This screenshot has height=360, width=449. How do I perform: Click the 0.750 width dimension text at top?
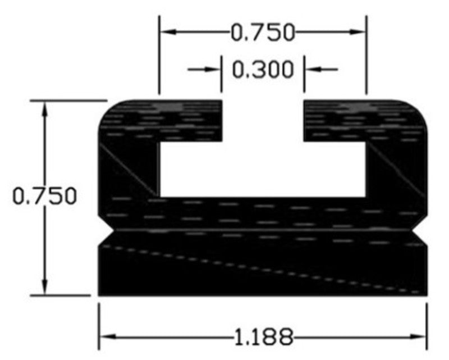pyautogui.click(x=263, y=33)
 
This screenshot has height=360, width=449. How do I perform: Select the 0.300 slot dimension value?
pyautogui.click(x=263, y=70)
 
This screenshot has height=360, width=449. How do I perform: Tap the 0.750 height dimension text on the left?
pyautogui.click(x=45, y=197)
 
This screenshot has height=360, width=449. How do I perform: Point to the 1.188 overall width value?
pyautogui.click(x=263, y=337)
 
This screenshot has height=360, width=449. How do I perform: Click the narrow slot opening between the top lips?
pyautogui.click(x=263, y=120)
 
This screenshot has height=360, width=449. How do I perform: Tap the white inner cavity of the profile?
pyautogui.click(x=263, y=168)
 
